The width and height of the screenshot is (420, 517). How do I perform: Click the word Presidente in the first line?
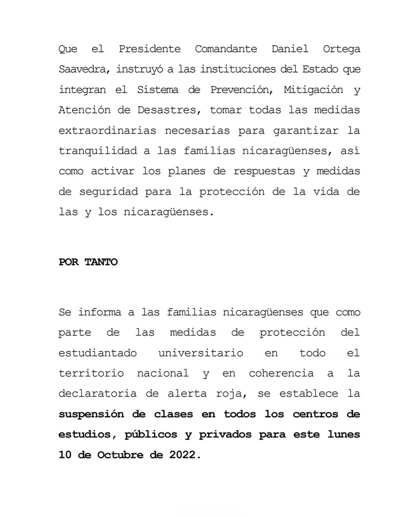click(x=150, y=49)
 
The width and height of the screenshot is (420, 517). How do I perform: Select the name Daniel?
click(x=291, y=49)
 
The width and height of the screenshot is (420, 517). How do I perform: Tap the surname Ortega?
click(x=341, y=49)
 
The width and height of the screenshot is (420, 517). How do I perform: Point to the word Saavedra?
click(x=81, y=69)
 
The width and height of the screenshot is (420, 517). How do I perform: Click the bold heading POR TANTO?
click(x=88, y=263)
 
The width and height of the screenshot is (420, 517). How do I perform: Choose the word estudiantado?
click(x=97, y=353)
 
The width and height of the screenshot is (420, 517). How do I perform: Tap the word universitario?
click(x=201, y=353)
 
